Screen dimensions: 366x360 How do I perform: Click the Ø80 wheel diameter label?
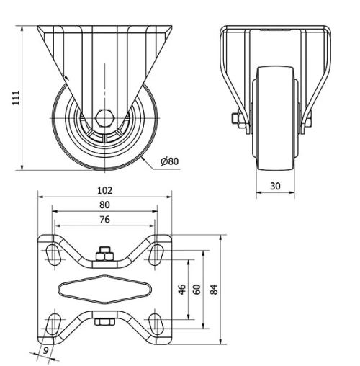click(x=169, y=161)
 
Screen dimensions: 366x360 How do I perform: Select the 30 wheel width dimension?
click(x=275, y=185)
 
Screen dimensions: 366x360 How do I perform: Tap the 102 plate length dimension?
click(x=104, y=191)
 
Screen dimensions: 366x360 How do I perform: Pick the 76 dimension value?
click(x=104, y=220)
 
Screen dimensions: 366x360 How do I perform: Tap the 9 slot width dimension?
click(x=47, y=352)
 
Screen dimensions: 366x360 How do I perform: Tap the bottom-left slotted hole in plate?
click(x=54, y=322)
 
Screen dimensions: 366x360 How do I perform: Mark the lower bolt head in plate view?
click(x=104, y=322)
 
